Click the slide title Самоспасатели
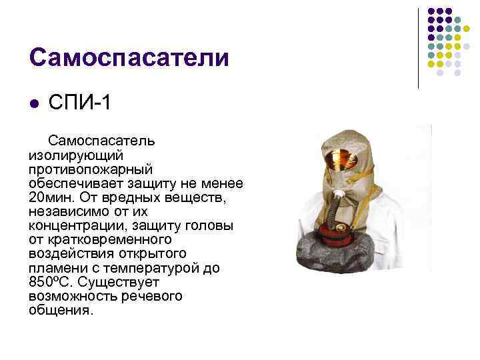pos(129,57)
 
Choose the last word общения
pos(62,311)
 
